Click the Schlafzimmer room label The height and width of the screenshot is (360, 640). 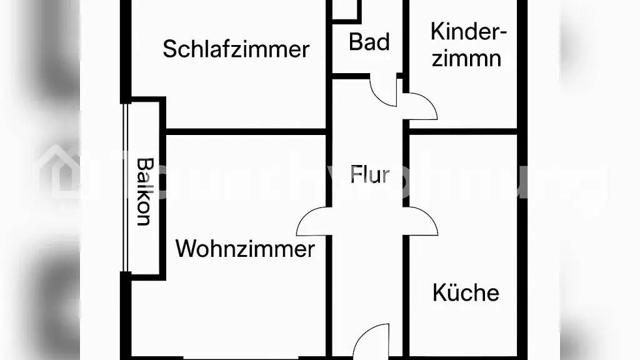236,49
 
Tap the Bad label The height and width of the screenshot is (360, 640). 369,42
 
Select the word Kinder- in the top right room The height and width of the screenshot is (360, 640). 468,31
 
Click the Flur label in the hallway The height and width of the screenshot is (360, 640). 370,174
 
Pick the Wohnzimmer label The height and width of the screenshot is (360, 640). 245,249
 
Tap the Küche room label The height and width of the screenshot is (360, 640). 466,292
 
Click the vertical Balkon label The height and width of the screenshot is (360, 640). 145,191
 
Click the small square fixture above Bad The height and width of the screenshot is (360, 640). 346,10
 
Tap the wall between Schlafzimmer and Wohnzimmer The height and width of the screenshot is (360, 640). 246,132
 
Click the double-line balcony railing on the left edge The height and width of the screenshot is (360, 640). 126,187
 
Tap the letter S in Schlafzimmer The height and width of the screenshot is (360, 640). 169,49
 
